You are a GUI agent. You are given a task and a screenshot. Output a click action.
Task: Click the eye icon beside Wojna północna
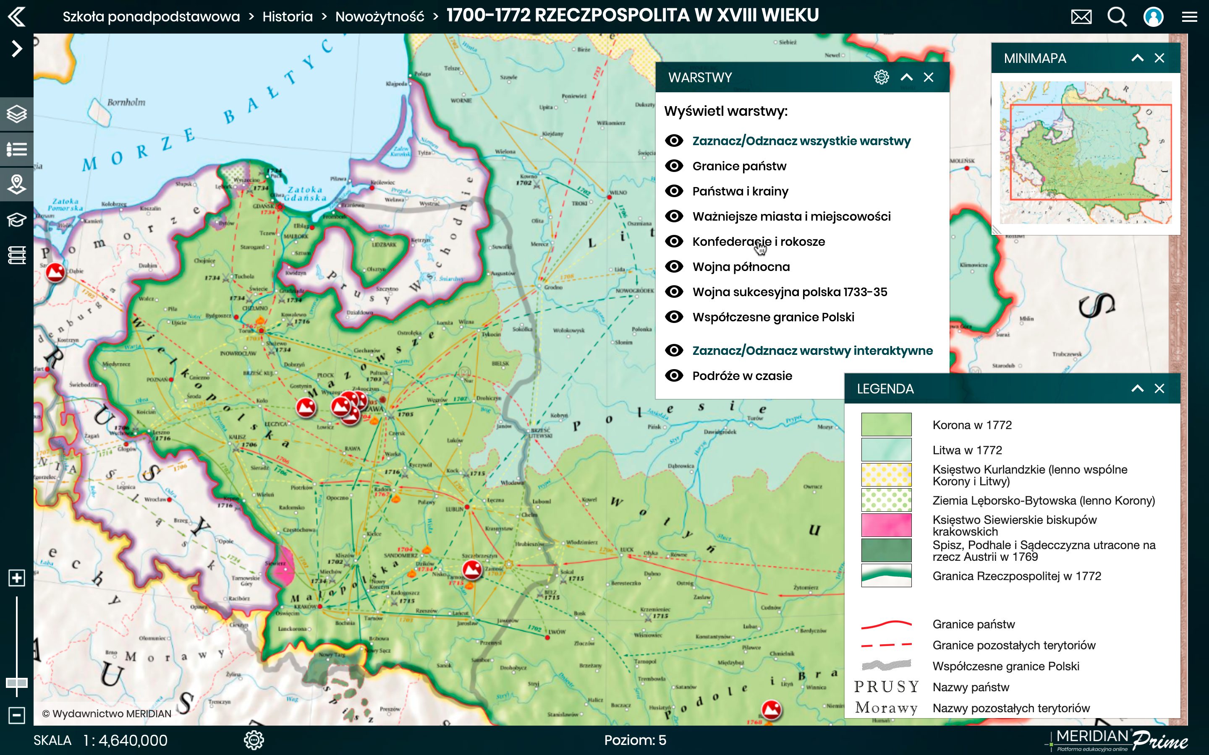[x=674, y=267]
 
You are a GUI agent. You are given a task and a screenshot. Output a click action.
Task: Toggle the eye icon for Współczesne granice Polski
[x=674, y=317]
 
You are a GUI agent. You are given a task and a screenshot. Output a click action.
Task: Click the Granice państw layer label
[x=739, y=166]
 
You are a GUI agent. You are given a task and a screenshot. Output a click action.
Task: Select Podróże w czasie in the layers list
[x=742, y=376]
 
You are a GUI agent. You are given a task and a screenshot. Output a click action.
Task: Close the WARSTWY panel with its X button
[x=928, y=78]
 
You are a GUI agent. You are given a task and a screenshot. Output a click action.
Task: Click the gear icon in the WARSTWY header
[x=881, y=78]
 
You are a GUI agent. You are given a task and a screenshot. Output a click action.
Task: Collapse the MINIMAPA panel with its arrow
[x=1137, y=58]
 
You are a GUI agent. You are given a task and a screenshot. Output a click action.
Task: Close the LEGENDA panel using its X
[x=1159, y=389]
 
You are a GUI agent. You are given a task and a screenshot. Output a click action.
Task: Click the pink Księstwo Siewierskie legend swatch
[x=886, y=525]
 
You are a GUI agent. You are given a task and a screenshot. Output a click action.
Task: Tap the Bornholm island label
[x=126, y=102]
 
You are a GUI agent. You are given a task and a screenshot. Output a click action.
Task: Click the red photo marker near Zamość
[x=471, y=569]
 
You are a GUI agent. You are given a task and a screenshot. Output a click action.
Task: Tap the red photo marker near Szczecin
[x=55, y=272]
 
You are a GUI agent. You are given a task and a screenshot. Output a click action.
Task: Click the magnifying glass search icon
[x=1117, y=17]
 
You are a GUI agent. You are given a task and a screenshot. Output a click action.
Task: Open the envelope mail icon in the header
[x=1081, y=17]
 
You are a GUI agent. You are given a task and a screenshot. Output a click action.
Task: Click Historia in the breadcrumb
[x=287, y=17]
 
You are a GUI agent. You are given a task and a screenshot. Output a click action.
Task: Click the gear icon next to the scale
[x=254, y=740]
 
